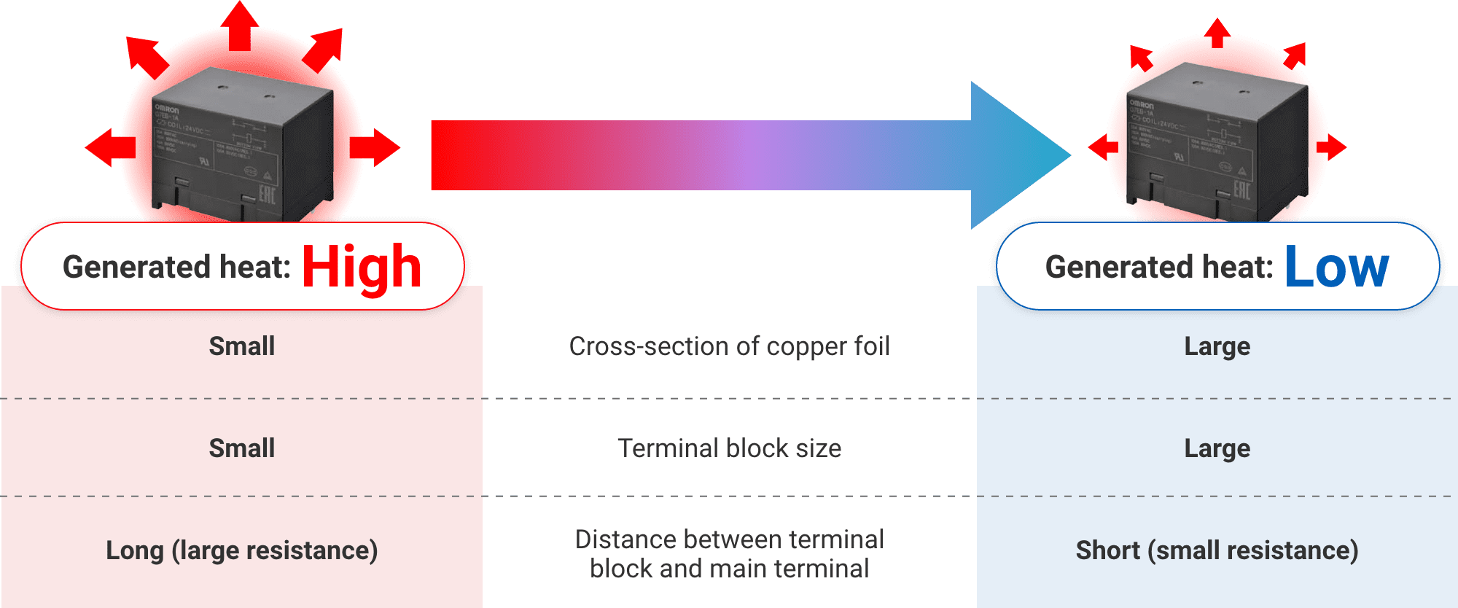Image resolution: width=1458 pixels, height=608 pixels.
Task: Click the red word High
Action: (x=362, y=267)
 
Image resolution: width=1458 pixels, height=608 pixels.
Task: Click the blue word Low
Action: (x=1336, y=267)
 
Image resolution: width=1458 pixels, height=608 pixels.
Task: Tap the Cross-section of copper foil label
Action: (x=729, y=346)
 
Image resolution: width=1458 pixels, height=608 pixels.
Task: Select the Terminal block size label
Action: (x=729, y=448)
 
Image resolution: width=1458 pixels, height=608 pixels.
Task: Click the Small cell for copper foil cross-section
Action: (x=242, y=346)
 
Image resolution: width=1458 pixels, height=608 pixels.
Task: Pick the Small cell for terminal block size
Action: (x=242, y=448)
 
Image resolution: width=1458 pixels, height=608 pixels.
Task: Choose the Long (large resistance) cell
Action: (x=242, y=550)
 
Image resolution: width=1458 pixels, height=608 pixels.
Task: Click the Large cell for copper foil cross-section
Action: (x=1217, y=346)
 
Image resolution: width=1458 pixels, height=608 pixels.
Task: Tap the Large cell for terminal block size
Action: (x=1217, y=448)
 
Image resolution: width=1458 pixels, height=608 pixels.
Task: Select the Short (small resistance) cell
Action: (x=1217, y=550)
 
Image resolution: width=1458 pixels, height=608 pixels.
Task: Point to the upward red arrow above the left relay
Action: (x=240, y=26)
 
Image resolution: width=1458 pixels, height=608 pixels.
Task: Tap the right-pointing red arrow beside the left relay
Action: (x=375, y=147)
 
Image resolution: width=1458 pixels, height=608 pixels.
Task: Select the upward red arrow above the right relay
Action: (x=1217, y=33)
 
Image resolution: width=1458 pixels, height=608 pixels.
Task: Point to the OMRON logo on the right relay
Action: (x=1142, y=106)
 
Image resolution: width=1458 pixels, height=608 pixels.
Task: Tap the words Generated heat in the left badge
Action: (x=176, y=267)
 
